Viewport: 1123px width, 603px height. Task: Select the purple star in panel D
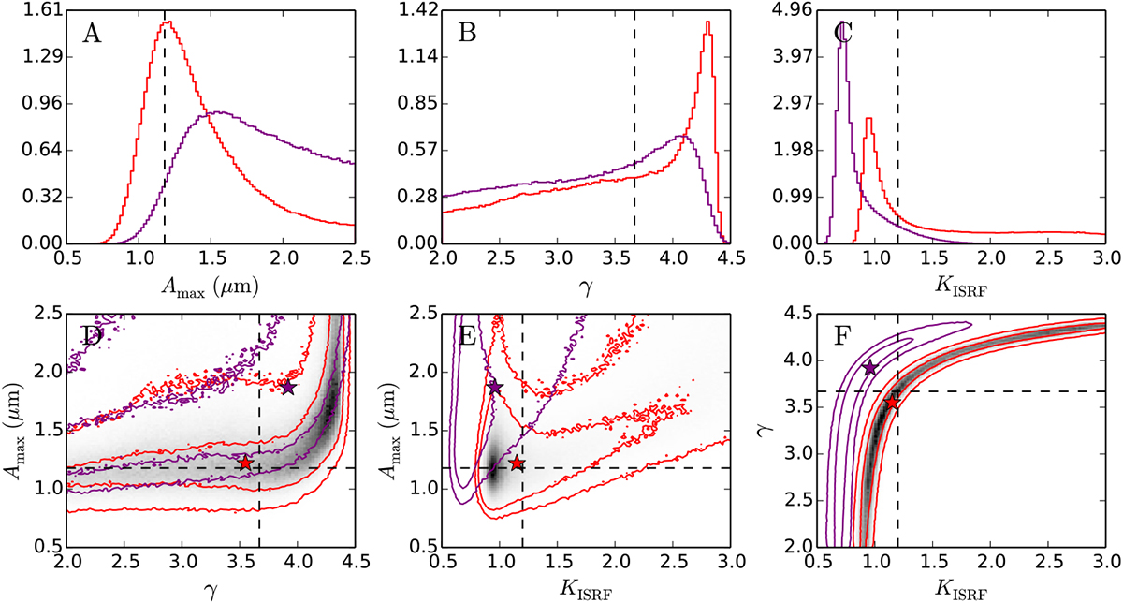(x=287, y=388)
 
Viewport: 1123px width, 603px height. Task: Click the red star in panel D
(x=245, y=463)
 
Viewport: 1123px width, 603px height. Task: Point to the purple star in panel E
(x=495, y=388)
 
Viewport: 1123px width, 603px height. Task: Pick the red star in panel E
(x=517, y=463)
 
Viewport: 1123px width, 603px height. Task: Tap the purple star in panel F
(x=870, y=368)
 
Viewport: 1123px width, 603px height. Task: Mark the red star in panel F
(x=892, y=403)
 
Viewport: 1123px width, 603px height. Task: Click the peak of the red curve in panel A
(x=167, y=22)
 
